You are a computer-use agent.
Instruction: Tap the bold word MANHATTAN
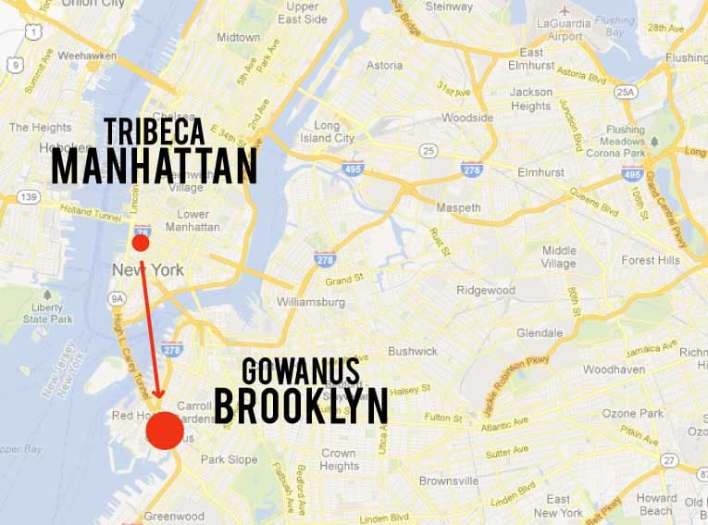point(154,166)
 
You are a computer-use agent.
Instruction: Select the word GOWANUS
point(300,371)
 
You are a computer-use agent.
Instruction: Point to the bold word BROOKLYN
point(300,405)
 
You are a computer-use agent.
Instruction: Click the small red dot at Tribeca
point(140,243)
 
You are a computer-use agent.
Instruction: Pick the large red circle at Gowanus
point(165,431)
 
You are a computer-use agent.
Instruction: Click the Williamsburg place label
point(310,302)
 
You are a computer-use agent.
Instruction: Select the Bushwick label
point(412,352)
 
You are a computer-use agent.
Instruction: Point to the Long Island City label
point(334,131)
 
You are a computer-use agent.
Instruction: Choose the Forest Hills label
point(650,260)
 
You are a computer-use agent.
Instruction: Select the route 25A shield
point(626,91)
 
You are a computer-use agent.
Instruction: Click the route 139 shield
point(30,197)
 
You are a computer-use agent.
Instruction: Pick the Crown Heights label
point(338,460)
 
